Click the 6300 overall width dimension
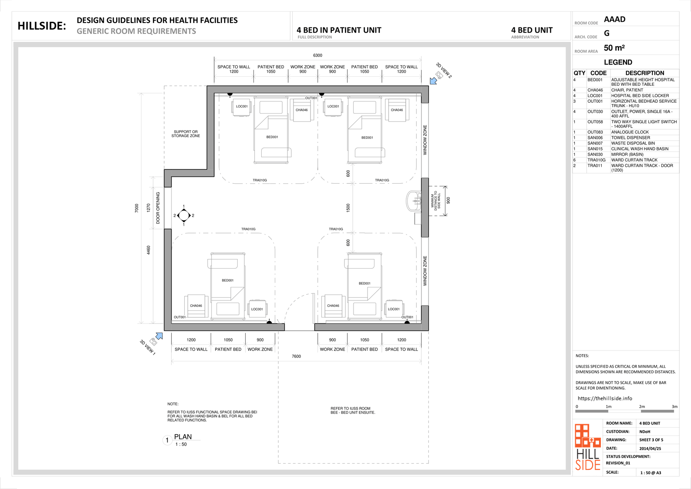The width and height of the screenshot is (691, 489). pos(317,56)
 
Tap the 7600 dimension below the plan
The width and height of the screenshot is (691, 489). pos(296,356)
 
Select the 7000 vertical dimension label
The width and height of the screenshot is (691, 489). pos(137,208)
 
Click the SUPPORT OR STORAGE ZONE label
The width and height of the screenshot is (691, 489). pos(186,134)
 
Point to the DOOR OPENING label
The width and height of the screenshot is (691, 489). pos(158,208)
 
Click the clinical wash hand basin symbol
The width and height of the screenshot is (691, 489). pos(413,201)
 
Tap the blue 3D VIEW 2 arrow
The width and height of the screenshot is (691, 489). pos(433,81)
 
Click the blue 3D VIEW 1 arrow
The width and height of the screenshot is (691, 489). pos(159,336)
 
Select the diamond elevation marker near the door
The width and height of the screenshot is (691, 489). pos(184,216)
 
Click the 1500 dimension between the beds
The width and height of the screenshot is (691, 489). pos(348,208)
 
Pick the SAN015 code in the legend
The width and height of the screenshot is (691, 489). pos(595,149)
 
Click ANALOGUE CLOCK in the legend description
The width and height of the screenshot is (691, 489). pos(630,132)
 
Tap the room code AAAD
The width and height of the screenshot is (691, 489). pos(614,19)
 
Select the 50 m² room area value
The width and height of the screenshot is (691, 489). pos(614,48)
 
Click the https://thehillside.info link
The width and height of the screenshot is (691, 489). pos(605,398)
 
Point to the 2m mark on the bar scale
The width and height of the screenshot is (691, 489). pos(642,407)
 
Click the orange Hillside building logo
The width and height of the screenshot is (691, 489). pos(588,435)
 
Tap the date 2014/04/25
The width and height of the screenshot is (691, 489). pos(650,449)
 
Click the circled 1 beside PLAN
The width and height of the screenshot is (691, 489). pos(167,440)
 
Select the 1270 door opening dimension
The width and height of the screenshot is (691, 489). pos(148,208)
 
